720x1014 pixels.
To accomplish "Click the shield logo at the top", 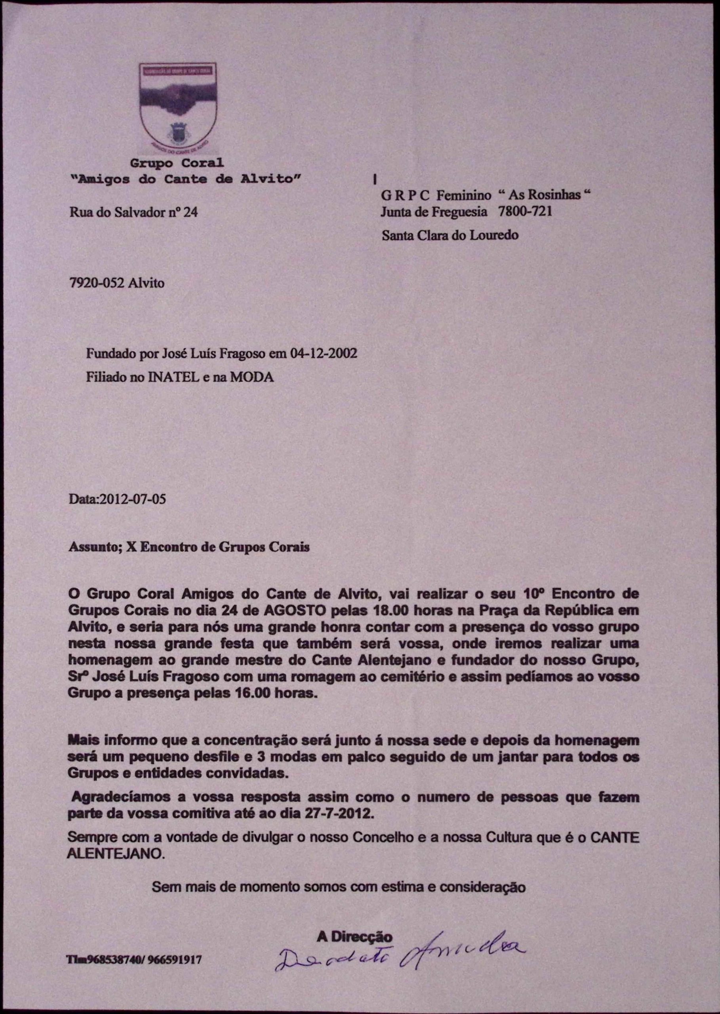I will click(x=177, y=109).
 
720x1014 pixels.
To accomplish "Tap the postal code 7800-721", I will click(x=526, y=212).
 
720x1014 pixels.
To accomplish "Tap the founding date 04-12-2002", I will click(x=323, y=354).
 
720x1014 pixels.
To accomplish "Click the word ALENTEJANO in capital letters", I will click(x=115, y=854).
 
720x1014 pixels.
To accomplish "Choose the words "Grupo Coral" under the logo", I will click(x=177, y=163).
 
